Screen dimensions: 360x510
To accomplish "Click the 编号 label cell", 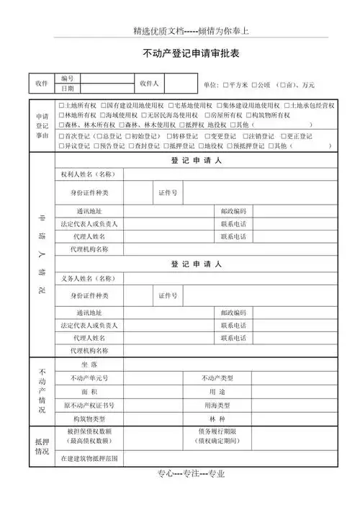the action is (x=68, y=78).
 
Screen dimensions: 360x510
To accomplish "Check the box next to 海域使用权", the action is (x=102, y=115).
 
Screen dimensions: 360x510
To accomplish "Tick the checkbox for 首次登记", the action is (x=61, y=136).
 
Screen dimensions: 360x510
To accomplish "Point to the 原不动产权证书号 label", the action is (x=89, y=406).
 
